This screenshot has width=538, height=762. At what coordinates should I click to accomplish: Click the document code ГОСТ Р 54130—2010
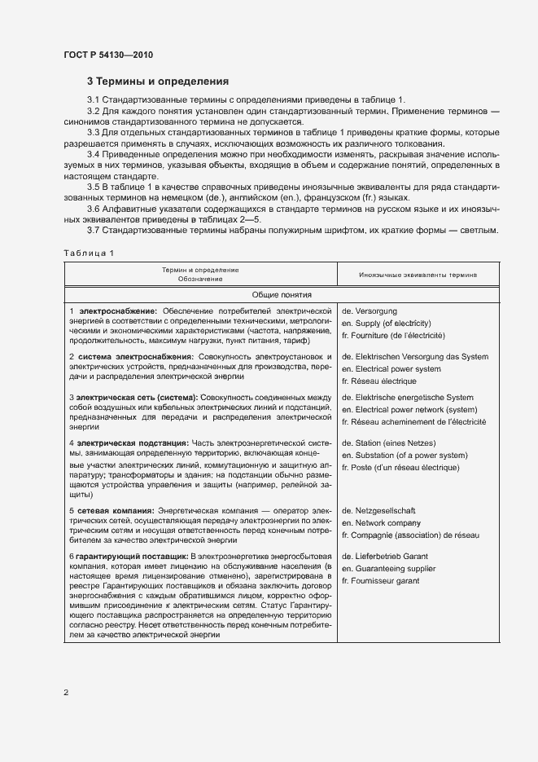(x=107, y=55)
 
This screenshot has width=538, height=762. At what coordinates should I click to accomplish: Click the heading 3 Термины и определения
(x=157, y=81)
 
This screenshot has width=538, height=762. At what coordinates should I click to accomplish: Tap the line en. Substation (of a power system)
(x=404, y=456)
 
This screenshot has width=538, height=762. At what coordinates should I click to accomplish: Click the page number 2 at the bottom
(x=66, y=692)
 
